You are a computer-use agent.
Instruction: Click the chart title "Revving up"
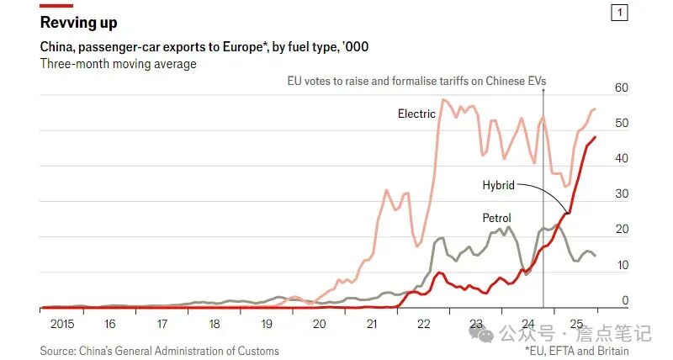(x=79, y=23)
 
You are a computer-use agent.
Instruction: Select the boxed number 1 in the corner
(x=620, y=13)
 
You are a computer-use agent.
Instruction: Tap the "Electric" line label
(x=416, y=114)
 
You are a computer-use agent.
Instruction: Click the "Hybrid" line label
(x=498, y=185)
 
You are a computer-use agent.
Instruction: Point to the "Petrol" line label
(x=496, y=218)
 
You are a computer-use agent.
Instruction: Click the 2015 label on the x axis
(x=61, y=324)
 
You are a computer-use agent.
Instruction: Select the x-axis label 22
(x=422, y=324)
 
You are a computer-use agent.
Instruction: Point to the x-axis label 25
(x=576, y=324)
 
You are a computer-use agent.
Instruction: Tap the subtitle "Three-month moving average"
(x=119, y=64)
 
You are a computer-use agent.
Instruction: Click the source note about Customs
(x=159, y=350)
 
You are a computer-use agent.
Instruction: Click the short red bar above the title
(x=62, y=5)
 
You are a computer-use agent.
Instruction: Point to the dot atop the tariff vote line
(x=543, y=89)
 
